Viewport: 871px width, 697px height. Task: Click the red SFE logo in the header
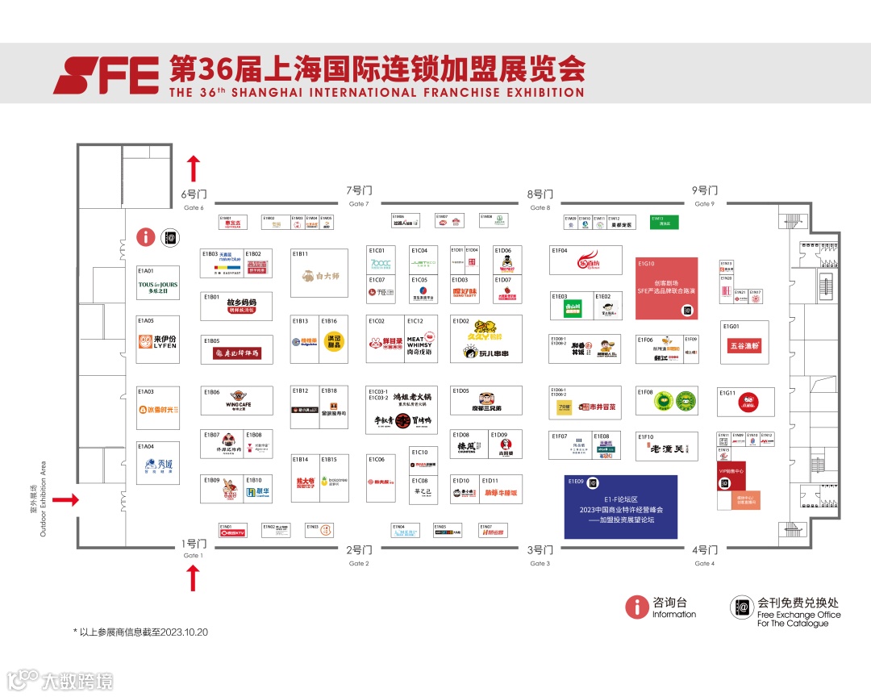tap(106, 75)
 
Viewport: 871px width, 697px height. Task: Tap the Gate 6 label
tap(194, 199)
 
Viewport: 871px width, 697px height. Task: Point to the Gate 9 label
tap(704, 196)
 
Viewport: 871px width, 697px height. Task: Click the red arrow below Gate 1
tap(193, 578)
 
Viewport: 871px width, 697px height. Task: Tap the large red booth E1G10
tap(666, 288)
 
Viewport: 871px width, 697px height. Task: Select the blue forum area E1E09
tap(620, 507)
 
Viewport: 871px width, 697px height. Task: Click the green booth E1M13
tap(665, 222)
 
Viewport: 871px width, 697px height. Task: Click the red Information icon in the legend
tap(637, 607)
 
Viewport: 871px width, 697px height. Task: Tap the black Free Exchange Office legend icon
tap(741, 607)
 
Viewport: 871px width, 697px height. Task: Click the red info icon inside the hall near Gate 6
tap(145, 236)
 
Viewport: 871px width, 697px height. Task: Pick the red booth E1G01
tap(744, 344)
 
